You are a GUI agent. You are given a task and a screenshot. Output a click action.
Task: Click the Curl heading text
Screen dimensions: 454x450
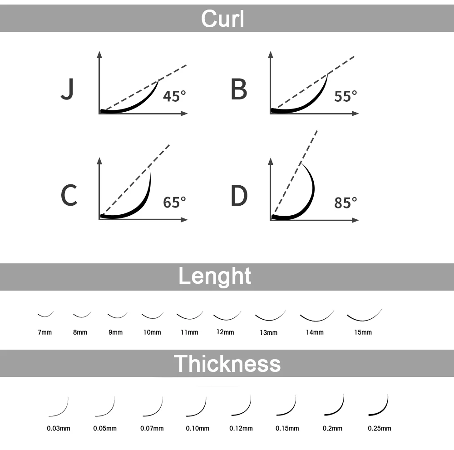pos(222,19)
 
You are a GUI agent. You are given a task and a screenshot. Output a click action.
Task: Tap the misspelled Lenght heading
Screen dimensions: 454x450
pos(214,276)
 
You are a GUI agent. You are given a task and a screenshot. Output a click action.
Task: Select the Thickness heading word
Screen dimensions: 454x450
pos(227,363)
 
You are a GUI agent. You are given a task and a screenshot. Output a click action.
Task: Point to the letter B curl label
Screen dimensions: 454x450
pos(239,89)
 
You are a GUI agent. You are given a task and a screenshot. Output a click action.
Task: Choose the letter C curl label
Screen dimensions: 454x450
pos(69,196)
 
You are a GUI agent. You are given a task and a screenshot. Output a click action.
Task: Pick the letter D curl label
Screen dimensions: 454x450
pos(239,196)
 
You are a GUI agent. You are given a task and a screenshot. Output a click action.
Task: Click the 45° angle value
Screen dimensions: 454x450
pos(174,96)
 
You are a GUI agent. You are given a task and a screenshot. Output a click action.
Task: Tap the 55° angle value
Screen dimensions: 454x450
pos(345,96)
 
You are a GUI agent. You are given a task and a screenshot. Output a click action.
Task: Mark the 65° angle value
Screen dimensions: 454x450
pos(174,203)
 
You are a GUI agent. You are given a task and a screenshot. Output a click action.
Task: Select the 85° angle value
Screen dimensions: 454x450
pos(345,203)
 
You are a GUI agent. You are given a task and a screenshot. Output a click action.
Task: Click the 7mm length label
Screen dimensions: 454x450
pos(44,332)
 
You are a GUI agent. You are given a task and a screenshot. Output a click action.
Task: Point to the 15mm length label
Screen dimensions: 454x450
pos(363,332)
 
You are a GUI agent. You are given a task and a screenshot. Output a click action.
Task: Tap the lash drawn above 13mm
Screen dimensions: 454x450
pos(270,316)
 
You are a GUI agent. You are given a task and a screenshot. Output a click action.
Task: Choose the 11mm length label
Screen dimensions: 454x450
pos(189,332)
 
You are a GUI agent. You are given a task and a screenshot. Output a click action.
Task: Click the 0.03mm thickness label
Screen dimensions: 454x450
pos(59,428)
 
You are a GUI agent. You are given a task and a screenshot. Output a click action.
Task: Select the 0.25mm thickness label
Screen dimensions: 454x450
pos(380,428)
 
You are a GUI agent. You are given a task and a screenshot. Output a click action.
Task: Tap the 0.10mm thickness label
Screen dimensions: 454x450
pos(197,428)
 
